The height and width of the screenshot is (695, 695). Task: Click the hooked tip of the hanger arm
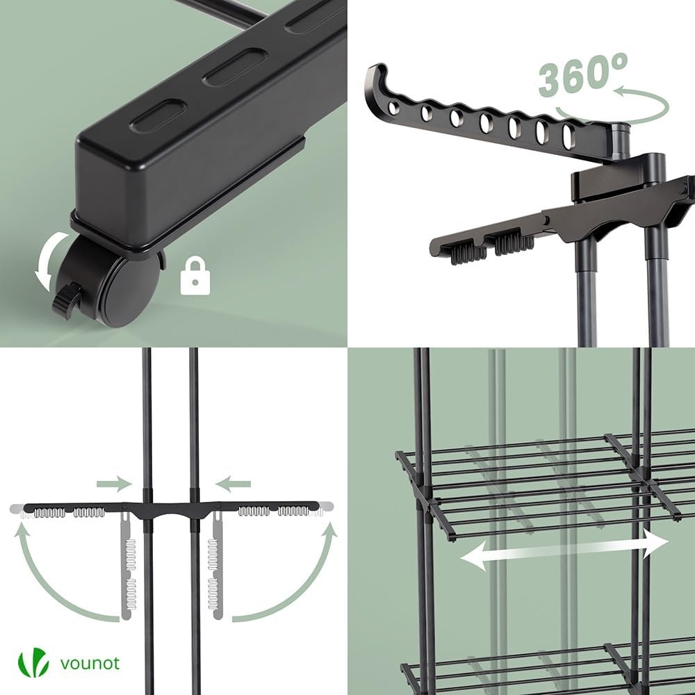(376, 76)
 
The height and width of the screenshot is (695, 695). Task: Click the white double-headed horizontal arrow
(564, 549)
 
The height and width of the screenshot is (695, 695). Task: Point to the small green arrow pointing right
(114, 483)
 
